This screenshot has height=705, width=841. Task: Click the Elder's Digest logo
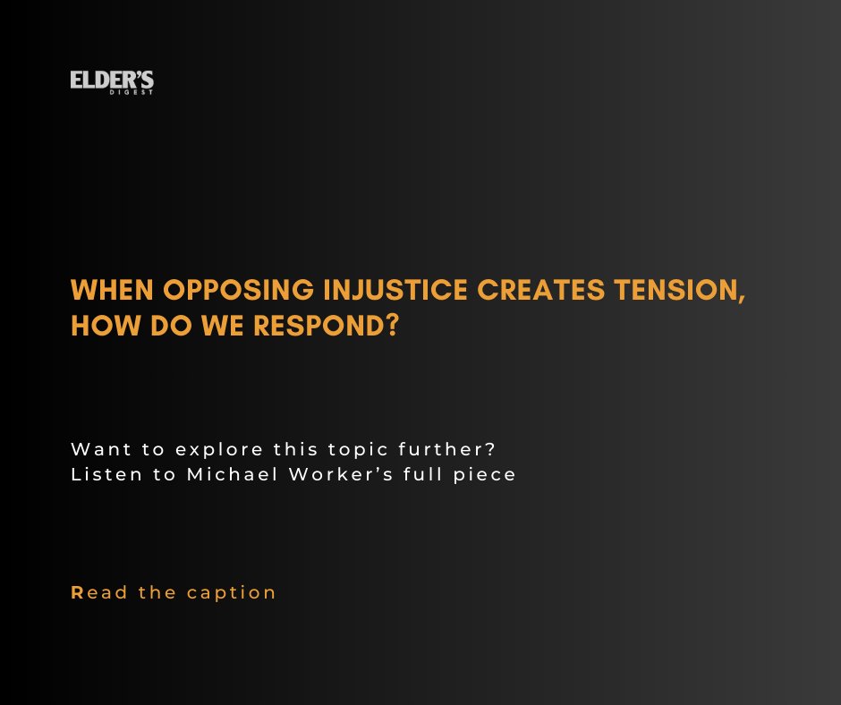[x=112, y=82]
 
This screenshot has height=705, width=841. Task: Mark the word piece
[x=485, y=475]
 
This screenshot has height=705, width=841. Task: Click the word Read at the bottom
[x=99, y=592]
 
